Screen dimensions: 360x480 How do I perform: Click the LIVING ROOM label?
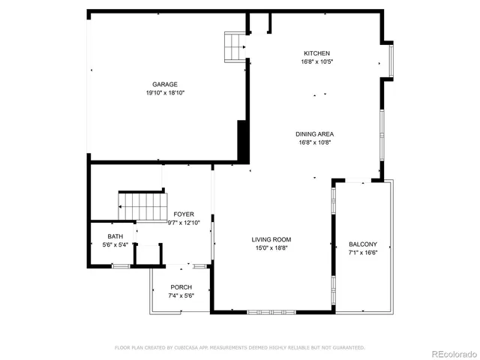pos(271,240)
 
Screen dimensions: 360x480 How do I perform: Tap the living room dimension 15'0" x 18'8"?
pos(271,249)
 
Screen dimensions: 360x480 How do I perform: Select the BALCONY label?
pos(363,244)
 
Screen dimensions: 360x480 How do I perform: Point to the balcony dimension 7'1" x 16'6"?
pos(363,253)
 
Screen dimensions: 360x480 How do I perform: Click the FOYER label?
pos(184,214)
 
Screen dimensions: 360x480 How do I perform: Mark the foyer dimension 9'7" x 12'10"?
pos(184,223)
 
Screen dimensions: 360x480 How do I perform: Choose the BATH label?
pos(115,236)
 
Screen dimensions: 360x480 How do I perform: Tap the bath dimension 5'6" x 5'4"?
pos(115,244)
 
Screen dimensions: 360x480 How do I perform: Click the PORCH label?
pos(181,287)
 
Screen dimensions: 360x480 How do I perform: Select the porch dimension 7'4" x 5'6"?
pos(181,296)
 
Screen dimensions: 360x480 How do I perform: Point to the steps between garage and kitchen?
pos(237,46)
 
